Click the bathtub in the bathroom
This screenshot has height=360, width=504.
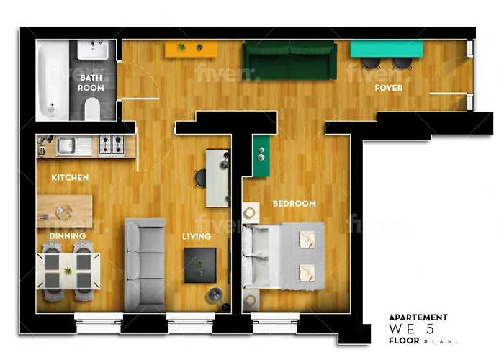pos(53,80)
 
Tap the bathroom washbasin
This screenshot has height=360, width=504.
pos(93,50)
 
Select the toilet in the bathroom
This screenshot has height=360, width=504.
pos(93,109)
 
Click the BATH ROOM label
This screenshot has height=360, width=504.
pos(91,83)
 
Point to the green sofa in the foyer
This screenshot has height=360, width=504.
pos(289,60)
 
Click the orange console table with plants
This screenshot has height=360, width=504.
pos(192,49)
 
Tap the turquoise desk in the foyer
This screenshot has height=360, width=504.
pos(387,49)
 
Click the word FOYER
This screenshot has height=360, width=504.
pos(389,88)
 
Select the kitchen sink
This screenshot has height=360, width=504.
pos(74,146)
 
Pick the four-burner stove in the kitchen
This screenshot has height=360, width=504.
pos(112,145)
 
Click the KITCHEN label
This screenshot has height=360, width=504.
pos(70,177)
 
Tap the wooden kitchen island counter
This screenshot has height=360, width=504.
pos(65,211)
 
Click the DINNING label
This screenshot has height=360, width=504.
pos(68,236)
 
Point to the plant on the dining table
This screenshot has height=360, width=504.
pos(68,271)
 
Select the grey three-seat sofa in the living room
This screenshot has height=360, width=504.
pos(145,265)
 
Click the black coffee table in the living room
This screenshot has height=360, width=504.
pos(200,265)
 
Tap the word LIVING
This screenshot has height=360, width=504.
pos(197,236)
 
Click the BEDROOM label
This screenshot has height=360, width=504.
pos(294,204)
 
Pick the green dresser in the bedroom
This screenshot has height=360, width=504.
pos(261,156)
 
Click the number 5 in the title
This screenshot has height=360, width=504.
pos(430,329)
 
